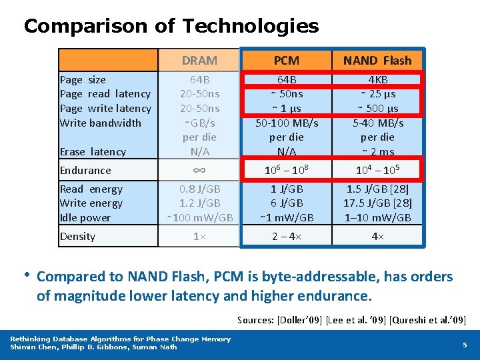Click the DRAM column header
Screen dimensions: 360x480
click(199, 61)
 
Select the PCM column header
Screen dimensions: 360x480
click(287, 61)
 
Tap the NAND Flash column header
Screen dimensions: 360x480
click(377, 61)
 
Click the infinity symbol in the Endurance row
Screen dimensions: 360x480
click(199, 170)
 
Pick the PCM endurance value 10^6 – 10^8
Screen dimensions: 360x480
click(287, 170)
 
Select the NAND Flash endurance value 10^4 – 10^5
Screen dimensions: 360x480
click(377, 170)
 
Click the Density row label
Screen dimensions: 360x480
click(78, 237)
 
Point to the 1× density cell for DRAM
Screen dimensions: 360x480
click(199, 237)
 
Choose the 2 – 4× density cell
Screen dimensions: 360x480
click(287, 237)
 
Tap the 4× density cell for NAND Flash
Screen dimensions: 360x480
click(377, 237)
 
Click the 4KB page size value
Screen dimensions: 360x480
click(377, 80)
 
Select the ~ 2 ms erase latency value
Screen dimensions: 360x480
click(377, 152)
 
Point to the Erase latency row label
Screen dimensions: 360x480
click(93, 152)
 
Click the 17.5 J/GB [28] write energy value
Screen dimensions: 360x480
click(377, 203)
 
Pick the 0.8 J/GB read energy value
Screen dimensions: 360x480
click(199, 189)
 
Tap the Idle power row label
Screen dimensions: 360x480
click(85, 218)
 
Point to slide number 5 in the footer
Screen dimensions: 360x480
click(465, 345)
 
